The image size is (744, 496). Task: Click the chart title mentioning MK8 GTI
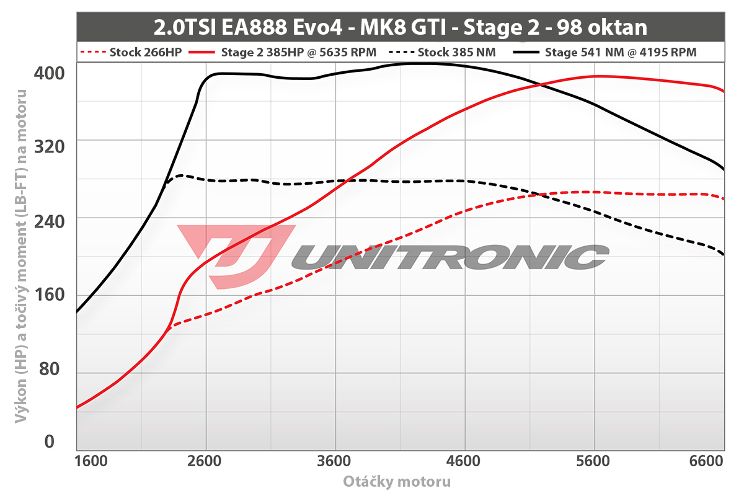point(400,27)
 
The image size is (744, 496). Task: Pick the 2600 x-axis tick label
point(205,462)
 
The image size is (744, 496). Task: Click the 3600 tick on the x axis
point(335,462)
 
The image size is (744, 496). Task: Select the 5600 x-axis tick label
point(594,462)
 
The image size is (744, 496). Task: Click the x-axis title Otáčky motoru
point(397,481)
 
